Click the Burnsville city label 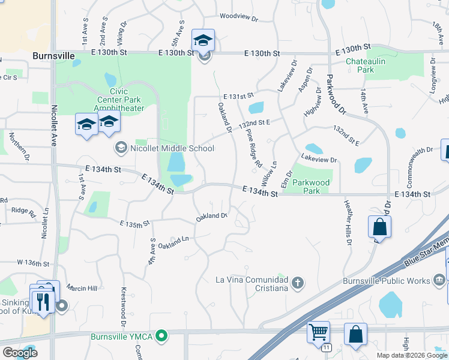[53, 56]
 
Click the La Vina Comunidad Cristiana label [252, 283]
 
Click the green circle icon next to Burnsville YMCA [161, 335]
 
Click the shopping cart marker [318, 331]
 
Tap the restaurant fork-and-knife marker [43, 301]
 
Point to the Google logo [20, 353]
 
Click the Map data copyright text [411, 355]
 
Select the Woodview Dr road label [238, 18]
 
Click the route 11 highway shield [326, 347]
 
